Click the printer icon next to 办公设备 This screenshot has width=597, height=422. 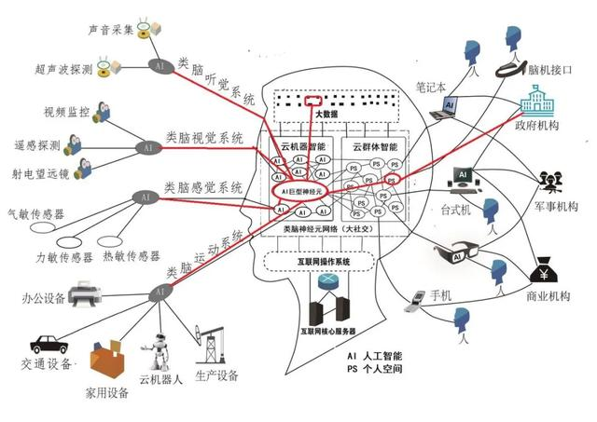click(x=87, y=296)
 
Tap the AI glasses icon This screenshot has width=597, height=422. click(x=461, y=252)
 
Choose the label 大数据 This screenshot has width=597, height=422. click(x=326, y=115)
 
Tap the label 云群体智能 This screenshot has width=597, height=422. click(x=375, y=147)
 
